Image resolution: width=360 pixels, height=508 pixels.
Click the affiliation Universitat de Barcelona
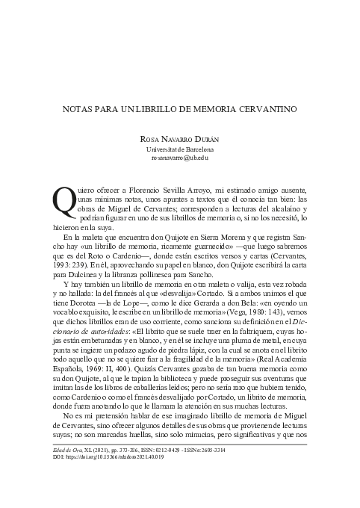click(179, 149)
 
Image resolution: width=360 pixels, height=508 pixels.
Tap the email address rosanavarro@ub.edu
click(179, 158)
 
